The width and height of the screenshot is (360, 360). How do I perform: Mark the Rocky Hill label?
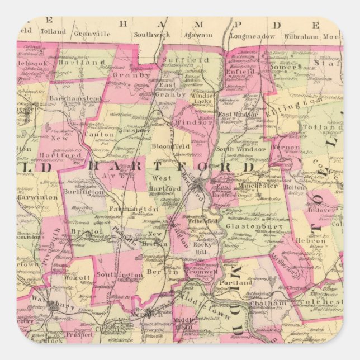200,248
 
